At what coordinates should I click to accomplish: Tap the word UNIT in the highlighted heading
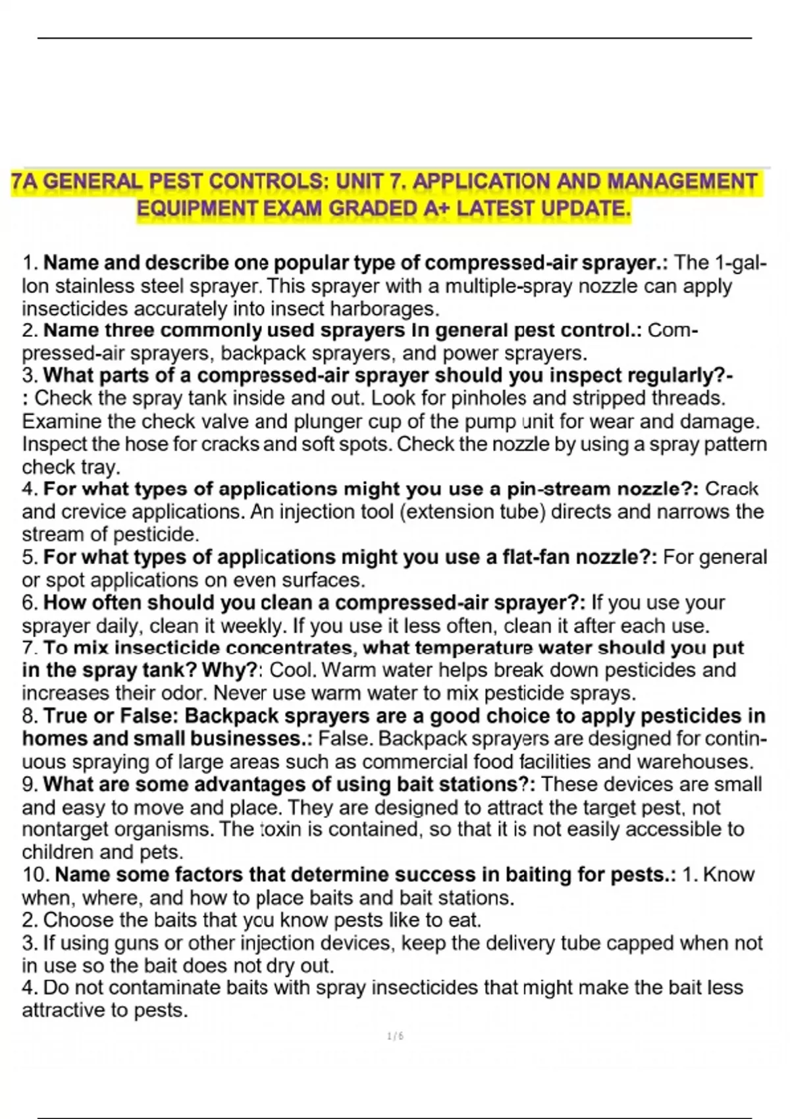(361, 181)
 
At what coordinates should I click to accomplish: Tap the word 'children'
(58, 852)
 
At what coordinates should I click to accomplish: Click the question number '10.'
(36, 875)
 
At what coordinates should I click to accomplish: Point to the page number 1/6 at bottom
(396, 1037)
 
